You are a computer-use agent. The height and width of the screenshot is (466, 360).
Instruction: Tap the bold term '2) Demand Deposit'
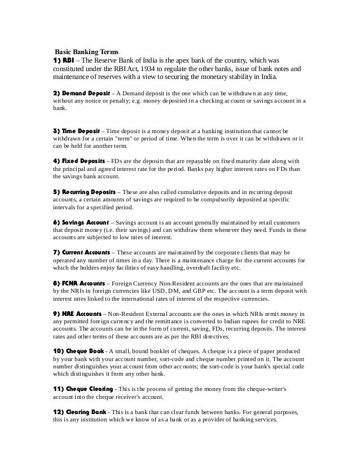click(81, 92)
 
